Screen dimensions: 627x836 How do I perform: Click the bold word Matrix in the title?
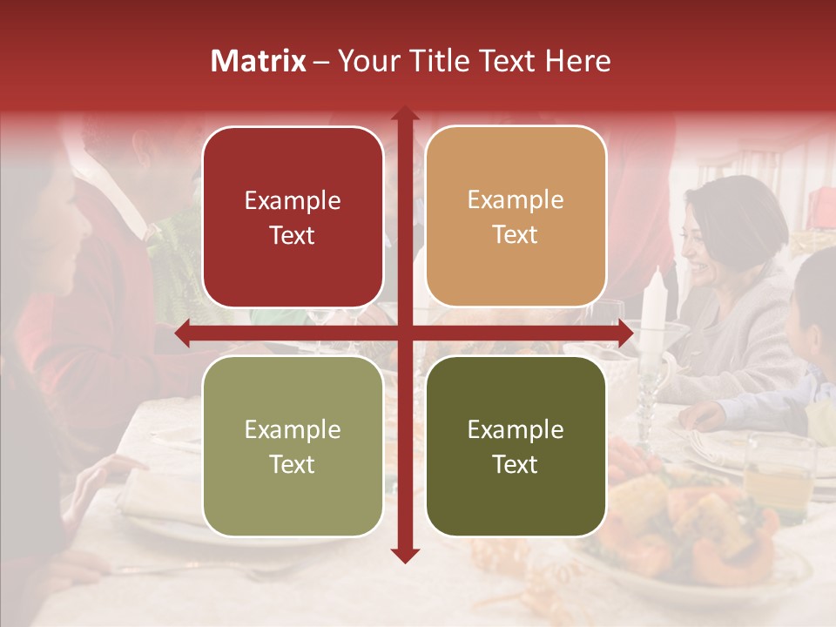point(259,61)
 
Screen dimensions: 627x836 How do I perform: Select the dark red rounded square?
point(293,217)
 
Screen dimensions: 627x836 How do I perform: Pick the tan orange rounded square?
point(516,217)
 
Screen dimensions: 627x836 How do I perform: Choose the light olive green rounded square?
point(293,447)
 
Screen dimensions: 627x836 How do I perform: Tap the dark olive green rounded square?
point(516,447)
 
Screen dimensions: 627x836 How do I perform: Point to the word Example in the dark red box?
point(293,200)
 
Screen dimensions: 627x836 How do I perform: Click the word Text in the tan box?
point(516,235)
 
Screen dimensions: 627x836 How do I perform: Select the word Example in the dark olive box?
point(516,429)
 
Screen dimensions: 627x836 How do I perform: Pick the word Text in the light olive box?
point(293,465)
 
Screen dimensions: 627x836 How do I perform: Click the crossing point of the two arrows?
point(404,333)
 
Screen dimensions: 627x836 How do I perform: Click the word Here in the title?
point(578,61)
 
